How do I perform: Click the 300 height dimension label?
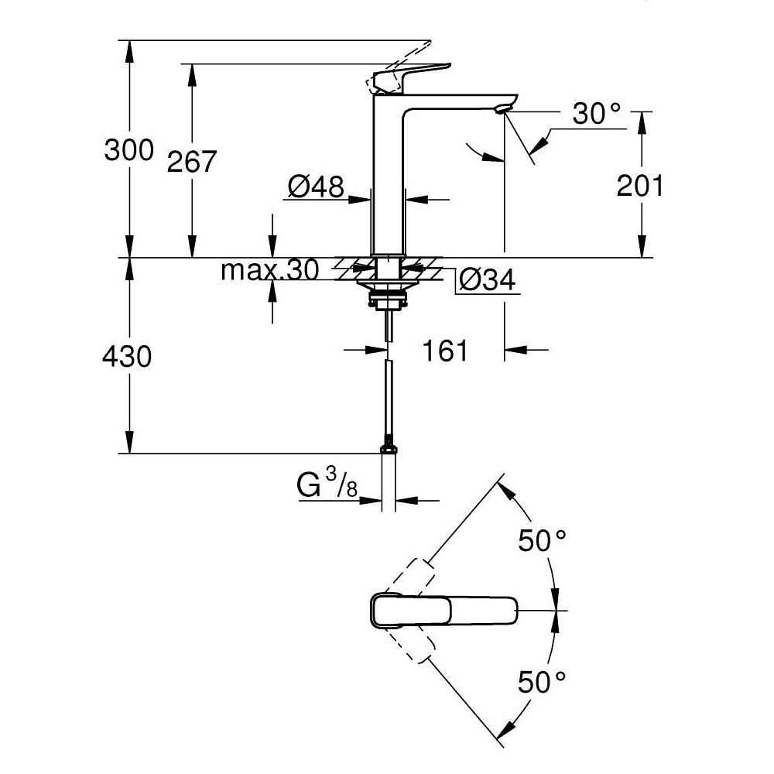(x=129, y=150)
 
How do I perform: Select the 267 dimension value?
(x=193, y=162)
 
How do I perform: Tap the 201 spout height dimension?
(x=640, y=186)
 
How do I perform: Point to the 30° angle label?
(x=597, y=114)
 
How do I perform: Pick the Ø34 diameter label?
(x=486, y=281)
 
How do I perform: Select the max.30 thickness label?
(x=269, y=270)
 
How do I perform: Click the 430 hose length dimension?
(x=128, y=356)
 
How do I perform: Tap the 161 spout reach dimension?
(x=446, y=351)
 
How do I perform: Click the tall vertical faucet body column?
(x=389, y=178)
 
